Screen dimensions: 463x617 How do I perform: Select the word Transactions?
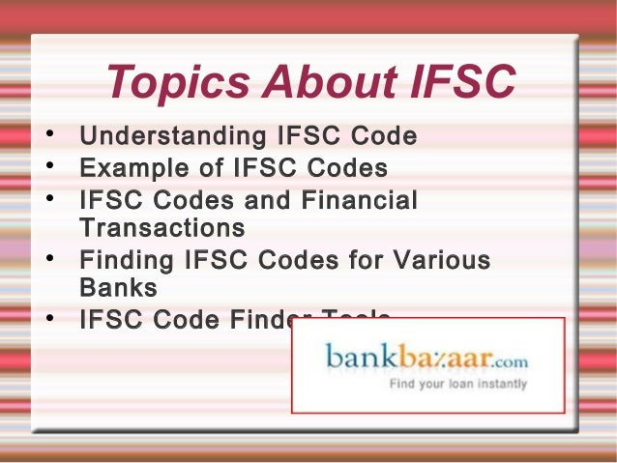pos(162,229)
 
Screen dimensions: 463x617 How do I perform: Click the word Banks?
pos(118,289)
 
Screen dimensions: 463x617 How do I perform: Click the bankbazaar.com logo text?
pos(426,358)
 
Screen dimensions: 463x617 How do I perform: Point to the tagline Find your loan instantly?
pos(457,384)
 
